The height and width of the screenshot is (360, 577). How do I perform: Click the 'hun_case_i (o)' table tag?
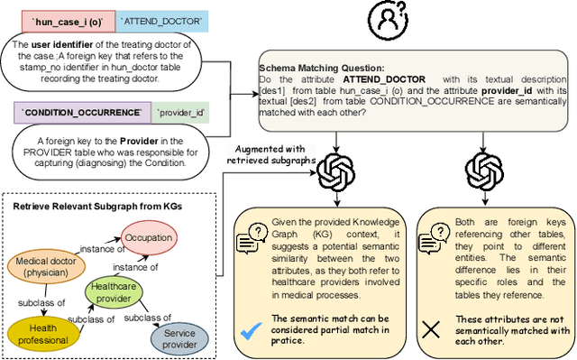pos(62,19)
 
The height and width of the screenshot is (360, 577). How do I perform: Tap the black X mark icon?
pos(432,328)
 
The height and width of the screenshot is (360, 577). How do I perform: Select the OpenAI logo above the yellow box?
pos(335,168)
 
